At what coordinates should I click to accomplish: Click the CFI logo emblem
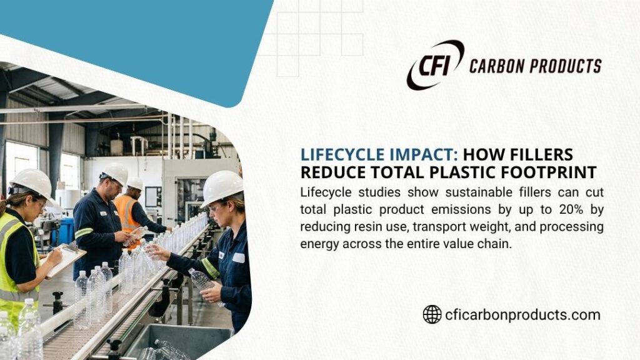point(435,64)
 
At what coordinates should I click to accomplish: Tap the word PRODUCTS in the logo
point(567,66)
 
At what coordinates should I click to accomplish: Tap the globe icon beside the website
point(432,314)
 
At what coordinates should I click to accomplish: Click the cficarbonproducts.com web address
point(522,314)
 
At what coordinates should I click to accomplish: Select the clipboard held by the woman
point(65,259)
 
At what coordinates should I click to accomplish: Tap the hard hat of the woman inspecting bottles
point(221,185)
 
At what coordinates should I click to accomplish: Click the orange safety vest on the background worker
point(127,213)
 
